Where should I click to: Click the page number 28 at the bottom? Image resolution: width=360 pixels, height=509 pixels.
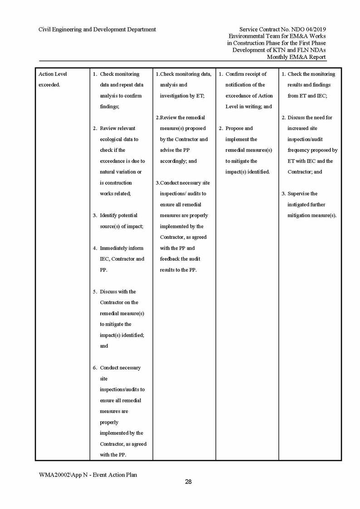(188, 482)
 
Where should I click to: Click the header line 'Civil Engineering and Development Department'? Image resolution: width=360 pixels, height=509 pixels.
(97, 29)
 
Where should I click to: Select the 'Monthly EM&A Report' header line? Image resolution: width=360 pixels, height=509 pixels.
(296, 57)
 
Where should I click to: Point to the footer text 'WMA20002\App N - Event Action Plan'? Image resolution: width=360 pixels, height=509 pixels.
(88, 475)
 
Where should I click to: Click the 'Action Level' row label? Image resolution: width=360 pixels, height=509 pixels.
(53, 74)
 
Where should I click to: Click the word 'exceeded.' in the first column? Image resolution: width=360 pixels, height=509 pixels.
(49, 85)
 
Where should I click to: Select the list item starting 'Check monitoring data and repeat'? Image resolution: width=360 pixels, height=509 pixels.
(120, 74)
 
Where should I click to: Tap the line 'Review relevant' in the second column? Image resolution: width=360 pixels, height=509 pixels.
(117, 128)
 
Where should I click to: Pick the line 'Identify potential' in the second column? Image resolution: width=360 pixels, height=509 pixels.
(118, 215)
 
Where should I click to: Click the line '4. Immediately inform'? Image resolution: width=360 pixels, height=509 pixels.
(118, 248)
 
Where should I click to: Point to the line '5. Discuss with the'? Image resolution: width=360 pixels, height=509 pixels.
(115, 291)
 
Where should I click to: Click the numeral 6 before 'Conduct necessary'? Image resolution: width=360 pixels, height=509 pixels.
(95, 368)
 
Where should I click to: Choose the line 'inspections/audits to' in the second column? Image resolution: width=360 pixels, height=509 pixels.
(122, 389)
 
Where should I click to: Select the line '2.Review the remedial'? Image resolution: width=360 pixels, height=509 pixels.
(180, 117)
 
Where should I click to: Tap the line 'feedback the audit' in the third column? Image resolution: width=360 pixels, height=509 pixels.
(180, 259)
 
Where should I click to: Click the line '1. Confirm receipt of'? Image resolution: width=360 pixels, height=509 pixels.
(243, 74)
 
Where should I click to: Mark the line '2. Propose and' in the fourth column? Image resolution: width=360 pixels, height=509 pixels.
(236, 128)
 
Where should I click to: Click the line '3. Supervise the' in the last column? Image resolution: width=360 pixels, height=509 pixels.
(300, 194)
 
